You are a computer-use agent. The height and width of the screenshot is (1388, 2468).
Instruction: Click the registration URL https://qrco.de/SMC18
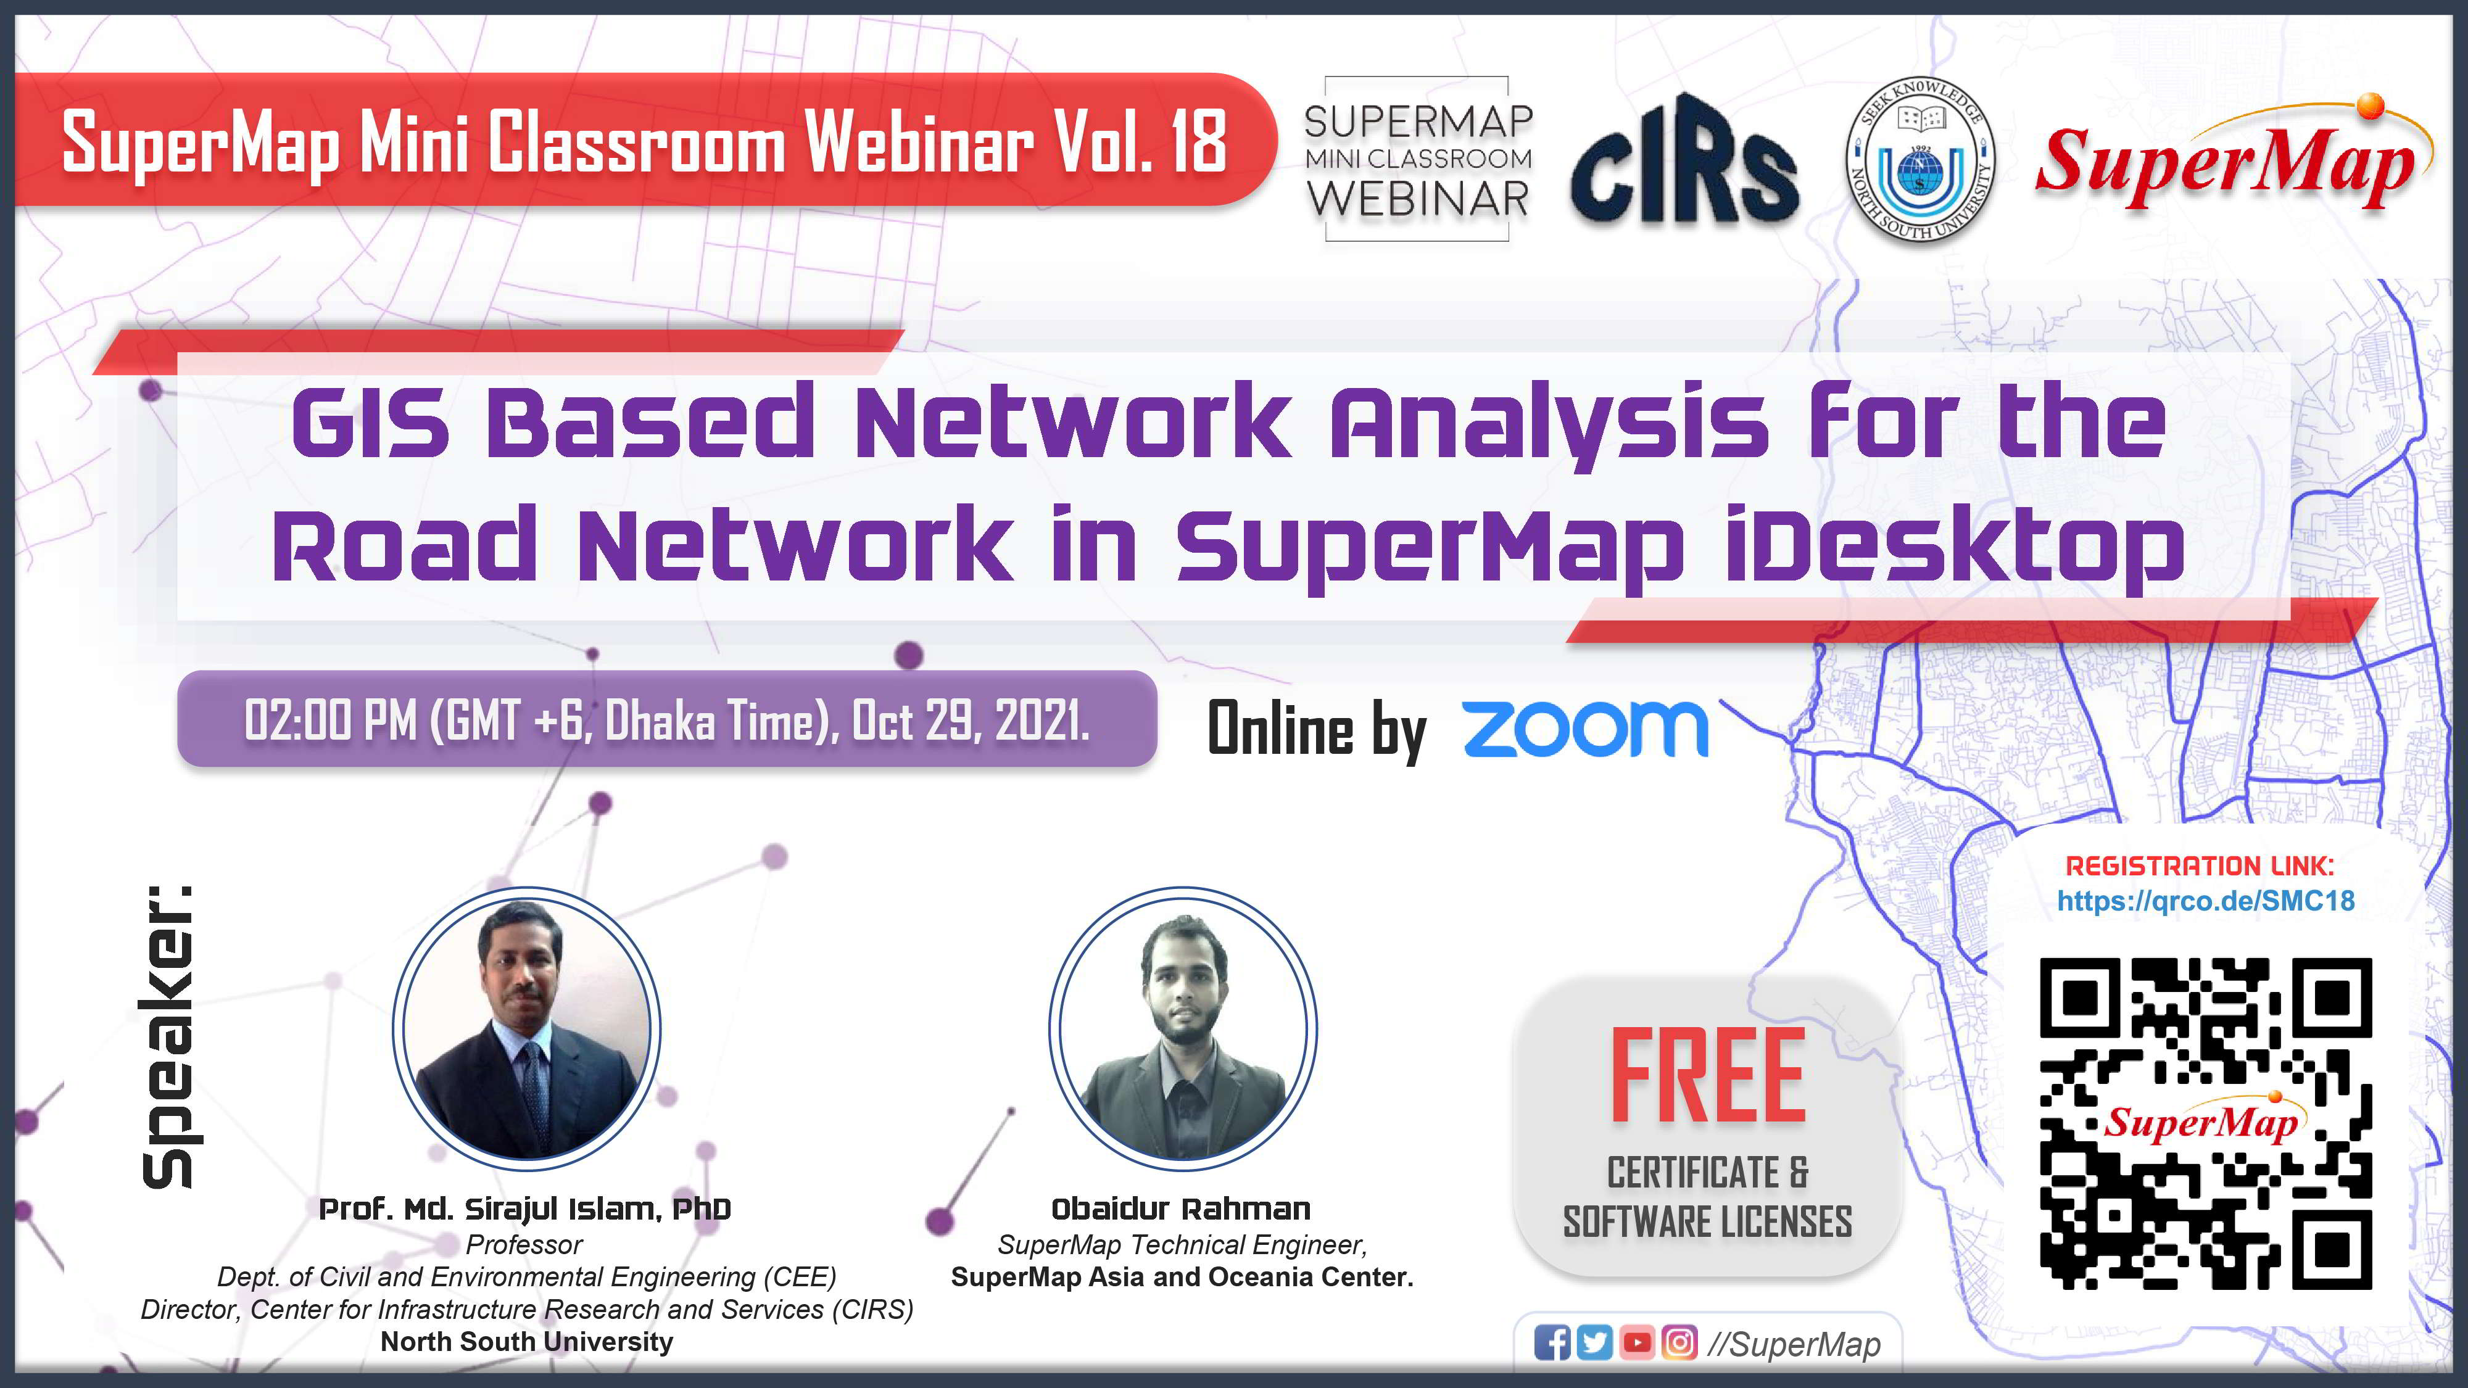click(2206, 901)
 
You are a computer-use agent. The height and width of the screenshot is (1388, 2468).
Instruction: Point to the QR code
click(2206, 1123)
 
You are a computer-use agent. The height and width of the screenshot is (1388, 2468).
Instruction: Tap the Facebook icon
click(1552, 1343)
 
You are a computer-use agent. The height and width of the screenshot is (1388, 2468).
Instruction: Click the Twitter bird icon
click(1594, 1343)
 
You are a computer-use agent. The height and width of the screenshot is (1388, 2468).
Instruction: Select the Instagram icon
click(1678, 1343)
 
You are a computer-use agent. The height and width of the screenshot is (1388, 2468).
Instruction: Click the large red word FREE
click(1708, 1075)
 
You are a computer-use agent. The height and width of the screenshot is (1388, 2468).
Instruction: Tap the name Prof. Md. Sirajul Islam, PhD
click(525, 1210)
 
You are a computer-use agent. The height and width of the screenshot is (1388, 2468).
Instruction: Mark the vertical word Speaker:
click(168, 1036)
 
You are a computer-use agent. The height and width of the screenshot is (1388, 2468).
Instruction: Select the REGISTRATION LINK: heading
click(2200, 866)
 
